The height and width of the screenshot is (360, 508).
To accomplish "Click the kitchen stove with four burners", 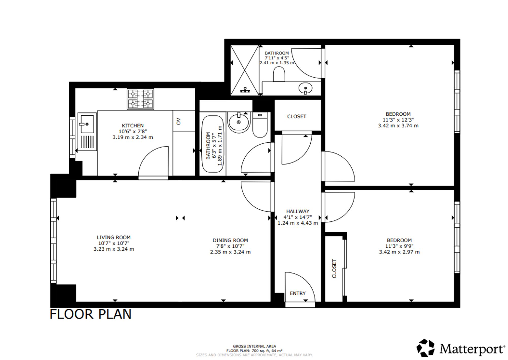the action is point(140,99).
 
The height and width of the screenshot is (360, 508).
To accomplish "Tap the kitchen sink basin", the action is point(87,124).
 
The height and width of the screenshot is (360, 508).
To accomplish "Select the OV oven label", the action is point(178,121).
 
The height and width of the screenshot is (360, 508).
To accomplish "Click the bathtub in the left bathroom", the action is point(213,144).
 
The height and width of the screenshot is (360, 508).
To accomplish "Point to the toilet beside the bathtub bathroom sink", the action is point(260,125).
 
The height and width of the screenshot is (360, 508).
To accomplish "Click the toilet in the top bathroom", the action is point(279,74).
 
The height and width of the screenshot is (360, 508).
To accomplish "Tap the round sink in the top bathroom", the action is point(306,88).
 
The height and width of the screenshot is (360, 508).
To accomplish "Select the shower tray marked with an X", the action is point(245,70).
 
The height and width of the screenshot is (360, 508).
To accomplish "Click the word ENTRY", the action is point(298,293).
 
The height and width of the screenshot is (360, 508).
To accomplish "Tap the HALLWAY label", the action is point(298,211).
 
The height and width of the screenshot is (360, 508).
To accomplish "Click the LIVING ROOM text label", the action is point(114,237).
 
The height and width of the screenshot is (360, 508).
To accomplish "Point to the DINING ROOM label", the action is point(230,240).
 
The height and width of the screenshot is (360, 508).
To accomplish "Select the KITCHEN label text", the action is point(133,126).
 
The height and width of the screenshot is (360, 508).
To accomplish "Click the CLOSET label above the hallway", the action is point(297,116).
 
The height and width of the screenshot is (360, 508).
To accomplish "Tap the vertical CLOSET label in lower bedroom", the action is point(334,268).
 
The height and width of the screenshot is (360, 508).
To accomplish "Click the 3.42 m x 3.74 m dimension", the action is point(398,126).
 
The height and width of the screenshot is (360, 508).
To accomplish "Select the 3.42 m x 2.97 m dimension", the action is point(399,252).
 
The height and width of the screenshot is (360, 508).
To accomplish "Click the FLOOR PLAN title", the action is point(91,314).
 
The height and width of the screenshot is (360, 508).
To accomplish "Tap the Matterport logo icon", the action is point(426,348).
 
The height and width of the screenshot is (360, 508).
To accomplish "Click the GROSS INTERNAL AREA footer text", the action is point(254,346).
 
